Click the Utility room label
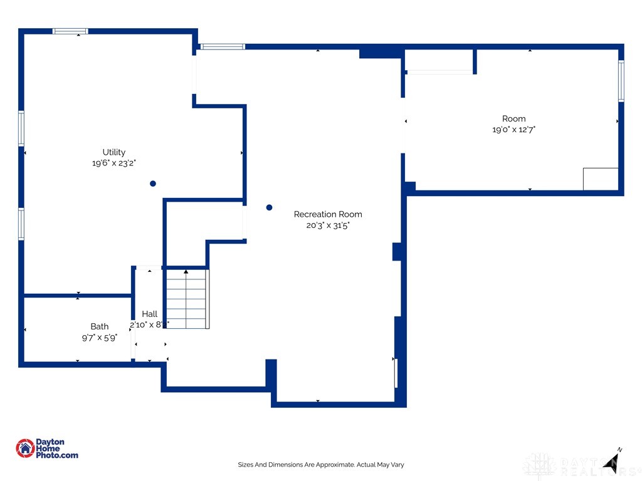click(x=114, y=152)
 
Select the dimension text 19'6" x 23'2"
click(x=113, y=163)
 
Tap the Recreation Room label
click(x=328, y=214)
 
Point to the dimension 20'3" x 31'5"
click(x=328, y=225)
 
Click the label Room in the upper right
click(x=513, y=119)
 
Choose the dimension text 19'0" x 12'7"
click(x=513, y=130)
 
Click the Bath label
click(x=99, y=326)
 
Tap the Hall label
click(x=149, y=314)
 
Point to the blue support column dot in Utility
click(x=153, y=184)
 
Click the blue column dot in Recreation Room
click(x=270, y=207)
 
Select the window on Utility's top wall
click(x=70, y=31)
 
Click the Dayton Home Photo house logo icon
click(x=25, y=448)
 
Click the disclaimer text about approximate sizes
click(x=320, y=465)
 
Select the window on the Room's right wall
click(x=621, y=81)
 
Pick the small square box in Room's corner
click(x=601, y=179)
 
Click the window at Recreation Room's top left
click(x=222, y=46)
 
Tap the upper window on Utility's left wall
click(x=21, y=128)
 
